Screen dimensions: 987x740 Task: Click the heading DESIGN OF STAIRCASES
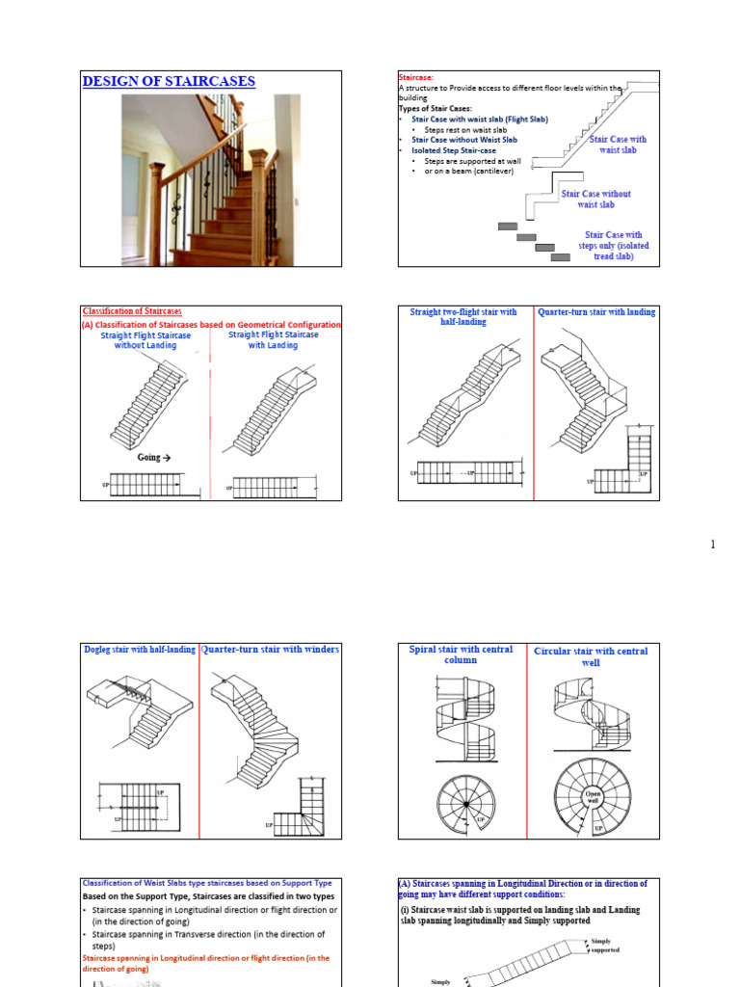click(169, 82)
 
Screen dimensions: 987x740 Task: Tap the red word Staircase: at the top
click(416, 76)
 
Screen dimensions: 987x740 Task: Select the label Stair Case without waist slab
click(595, 200)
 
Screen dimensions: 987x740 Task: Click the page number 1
click(713, 546)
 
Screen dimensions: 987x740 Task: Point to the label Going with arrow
click(161, 458)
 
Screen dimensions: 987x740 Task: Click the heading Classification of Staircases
click(131, 311)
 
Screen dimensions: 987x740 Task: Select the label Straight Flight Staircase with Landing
click(273, 340)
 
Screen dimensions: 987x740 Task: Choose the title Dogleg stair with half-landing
click(139, 650)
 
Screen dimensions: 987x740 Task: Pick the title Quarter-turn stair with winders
click(270, 650)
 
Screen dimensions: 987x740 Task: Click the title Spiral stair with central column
click(462, 654)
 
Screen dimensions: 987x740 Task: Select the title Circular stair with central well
click(591, 655)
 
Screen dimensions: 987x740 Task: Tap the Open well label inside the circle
click(593, 796)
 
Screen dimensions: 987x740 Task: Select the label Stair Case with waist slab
click(618, 145)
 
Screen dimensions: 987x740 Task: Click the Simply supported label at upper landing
click(606, 946)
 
